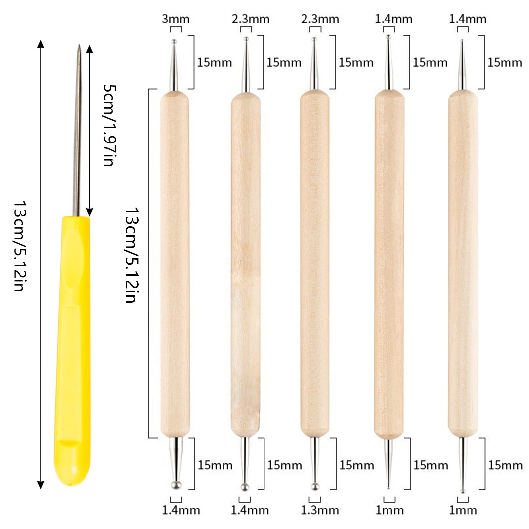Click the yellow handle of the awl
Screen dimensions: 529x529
tap(72, 350)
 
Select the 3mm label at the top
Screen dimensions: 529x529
tap(176, 19)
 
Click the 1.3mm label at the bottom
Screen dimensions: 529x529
tap(320, 510)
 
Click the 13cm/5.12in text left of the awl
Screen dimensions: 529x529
tap(19, 246)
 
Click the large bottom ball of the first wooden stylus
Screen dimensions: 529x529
tap(176, 485)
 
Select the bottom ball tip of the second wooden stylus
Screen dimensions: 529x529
tap(245, 487)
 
